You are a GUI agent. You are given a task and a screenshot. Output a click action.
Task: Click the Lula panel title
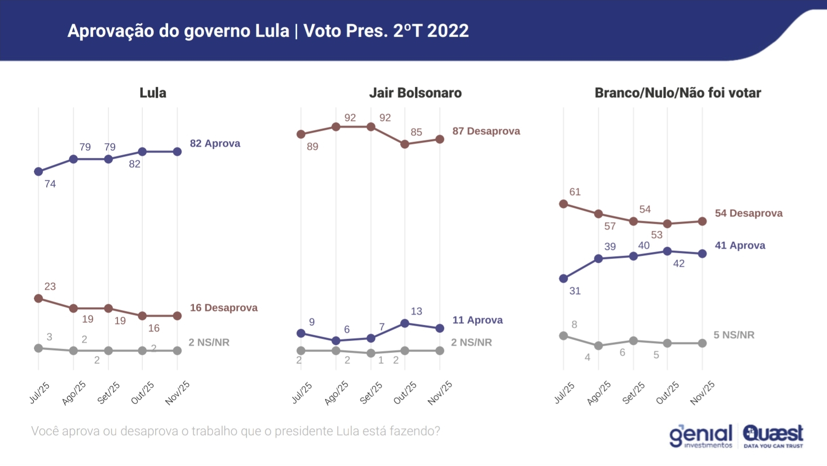click(153, 93)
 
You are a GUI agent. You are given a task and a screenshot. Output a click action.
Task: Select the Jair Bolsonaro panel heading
click(415, 93)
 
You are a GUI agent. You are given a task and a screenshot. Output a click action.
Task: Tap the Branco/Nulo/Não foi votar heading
click(678, 93)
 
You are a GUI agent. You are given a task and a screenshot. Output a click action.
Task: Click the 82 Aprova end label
click(215, 144)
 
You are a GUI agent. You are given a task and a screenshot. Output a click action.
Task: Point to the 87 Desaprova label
click(486, 131)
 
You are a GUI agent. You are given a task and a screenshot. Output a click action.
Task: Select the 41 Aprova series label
click(740, 246)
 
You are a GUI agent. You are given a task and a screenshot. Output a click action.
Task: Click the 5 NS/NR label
click(734, 335)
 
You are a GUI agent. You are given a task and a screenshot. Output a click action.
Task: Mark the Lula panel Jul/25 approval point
click(39, 172)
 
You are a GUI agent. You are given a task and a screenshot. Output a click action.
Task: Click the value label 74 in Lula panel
click(50, 184)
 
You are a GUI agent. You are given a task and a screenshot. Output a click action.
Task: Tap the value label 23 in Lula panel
click(50, 287)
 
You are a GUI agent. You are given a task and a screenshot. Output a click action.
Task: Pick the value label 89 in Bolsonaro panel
click(312, 147)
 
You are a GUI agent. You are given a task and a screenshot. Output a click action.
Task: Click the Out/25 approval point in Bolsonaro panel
click(405, 323)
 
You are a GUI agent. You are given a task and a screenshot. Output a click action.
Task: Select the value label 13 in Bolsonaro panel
click(416, 311)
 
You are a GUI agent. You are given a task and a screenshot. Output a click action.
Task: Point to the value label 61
click(575, 192)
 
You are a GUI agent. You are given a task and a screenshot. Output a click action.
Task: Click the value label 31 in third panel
click(575, 291)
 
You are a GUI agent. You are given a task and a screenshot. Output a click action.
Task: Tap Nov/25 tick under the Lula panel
click(178, 393)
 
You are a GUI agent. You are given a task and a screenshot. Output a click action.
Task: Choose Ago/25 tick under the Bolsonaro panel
click(336, 393)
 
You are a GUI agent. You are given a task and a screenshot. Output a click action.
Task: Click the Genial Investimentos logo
click(700, 436)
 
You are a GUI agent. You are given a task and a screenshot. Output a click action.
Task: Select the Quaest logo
click(773, 436)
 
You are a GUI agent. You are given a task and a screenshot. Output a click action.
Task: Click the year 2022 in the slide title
click(448, 31)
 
